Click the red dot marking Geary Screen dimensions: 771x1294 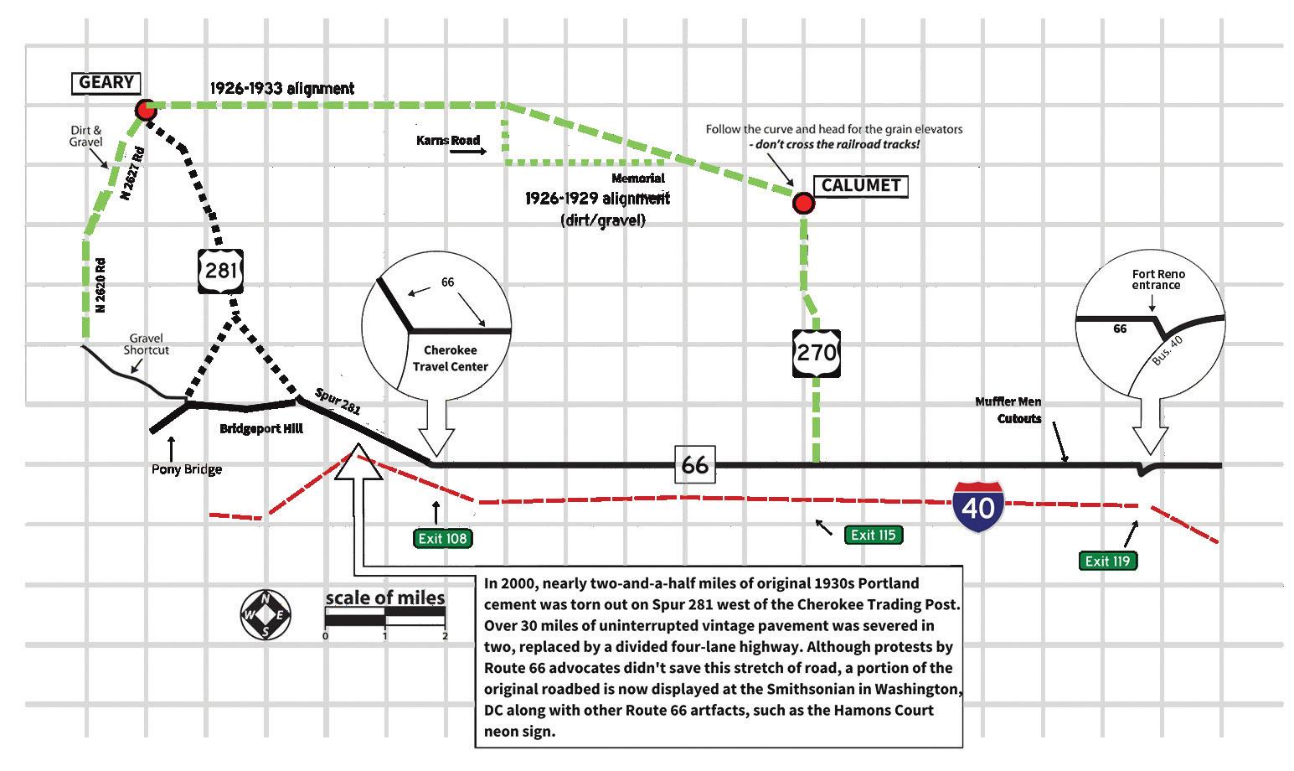[x=147, y=110]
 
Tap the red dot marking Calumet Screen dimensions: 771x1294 [x=803, y=203]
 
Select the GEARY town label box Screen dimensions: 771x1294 [x=106, y=82]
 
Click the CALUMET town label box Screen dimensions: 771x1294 [x=861, y=185]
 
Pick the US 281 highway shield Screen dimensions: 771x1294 [x=222, y=270]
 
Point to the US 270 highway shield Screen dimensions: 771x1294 [x=816, y=351]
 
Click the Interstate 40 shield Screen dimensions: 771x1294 [x=978, y=507]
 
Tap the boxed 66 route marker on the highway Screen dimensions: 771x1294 [x=694, y=464]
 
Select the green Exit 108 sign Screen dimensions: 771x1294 [x=442, y=538]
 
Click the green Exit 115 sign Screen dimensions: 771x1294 [x=873, y=535]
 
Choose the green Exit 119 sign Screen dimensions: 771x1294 [x=1107, y=561]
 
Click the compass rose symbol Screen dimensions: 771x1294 [x=266, y=614]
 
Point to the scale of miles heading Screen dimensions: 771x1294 [x=385, y=598]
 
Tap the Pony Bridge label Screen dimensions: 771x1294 [x=187, y=469]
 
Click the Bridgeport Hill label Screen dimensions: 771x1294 [x=261, y=429]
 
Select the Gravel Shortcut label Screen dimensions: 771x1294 [x=147, y=344]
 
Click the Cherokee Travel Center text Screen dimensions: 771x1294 [x=451, y=358]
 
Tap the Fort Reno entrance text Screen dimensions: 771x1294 [x=1158, y=279]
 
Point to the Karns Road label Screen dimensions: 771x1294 [x=448, y=140]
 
